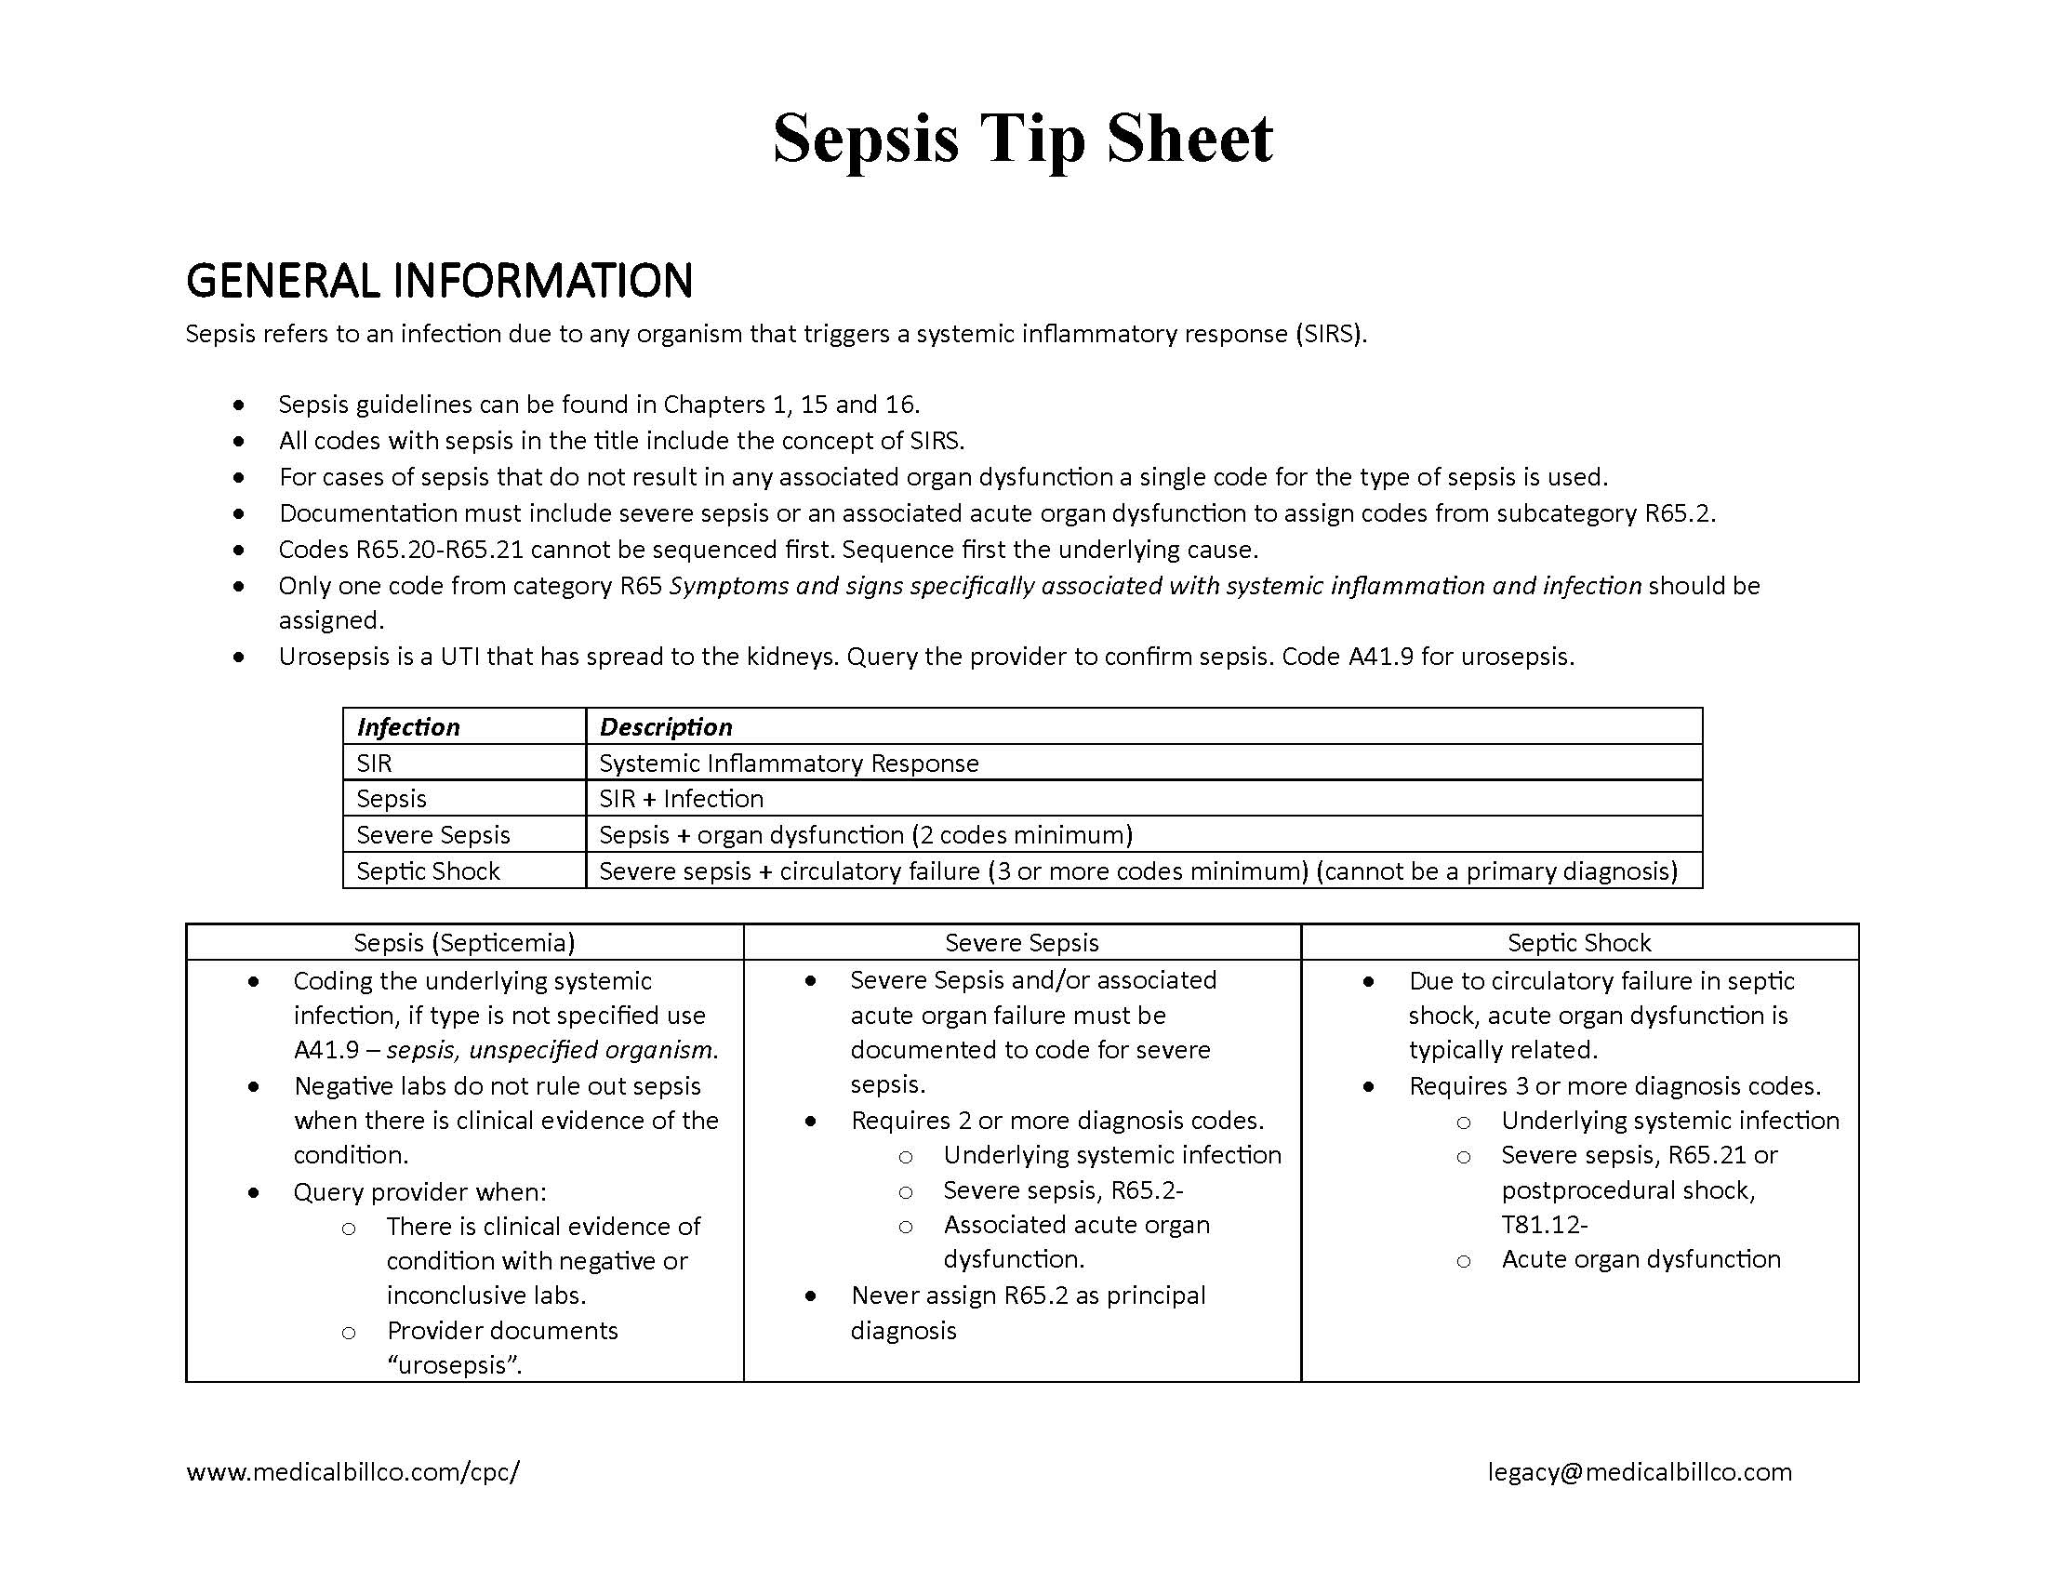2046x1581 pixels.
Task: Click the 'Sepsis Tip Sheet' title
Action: (x=1022, y=139)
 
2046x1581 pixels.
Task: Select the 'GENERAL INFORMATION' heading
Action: (x=438, y=280)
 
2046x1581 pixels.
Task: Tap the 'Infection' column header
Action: (x=408, y=727)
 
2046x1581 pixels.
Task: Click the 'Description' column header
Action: (x=665, y=727)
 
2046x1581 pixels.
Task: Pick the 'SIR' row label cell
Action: (x=374, y=763)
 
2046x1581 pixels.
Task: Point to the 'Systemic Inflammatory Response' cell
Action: (x=789, y=763)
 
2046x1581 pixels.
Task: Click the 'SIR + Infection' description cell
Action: (x=681, y=799)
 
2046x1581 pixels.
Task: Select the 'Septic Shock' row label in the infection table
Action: (x=428, y=871)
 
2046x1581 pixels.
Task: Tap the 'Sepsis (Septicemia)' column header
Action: (x=464, y=942)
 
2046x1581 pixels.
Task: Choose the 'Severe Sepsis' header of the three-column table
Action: (x=1021, y=942)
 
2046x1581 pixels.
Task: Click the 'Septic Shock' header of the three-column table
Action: (x=1578, y=942)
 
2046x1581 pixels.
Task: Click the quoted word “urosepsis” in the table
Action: (x=455, y=1365)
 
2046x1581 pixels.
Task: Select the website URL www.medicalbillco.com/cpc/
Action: (x=353, y=1471)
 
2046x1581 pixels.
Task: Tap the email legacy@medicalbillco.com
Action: (x=1640, y=1471)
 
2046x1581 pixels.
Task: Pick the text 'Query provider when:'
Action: (x=419, y=1191)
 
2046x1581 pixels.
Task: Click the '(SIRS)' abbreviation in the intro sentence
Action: (x=1330, y=335)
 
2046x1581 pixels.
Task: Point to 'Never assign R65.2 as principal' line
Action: (x=1028, y=1295)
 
